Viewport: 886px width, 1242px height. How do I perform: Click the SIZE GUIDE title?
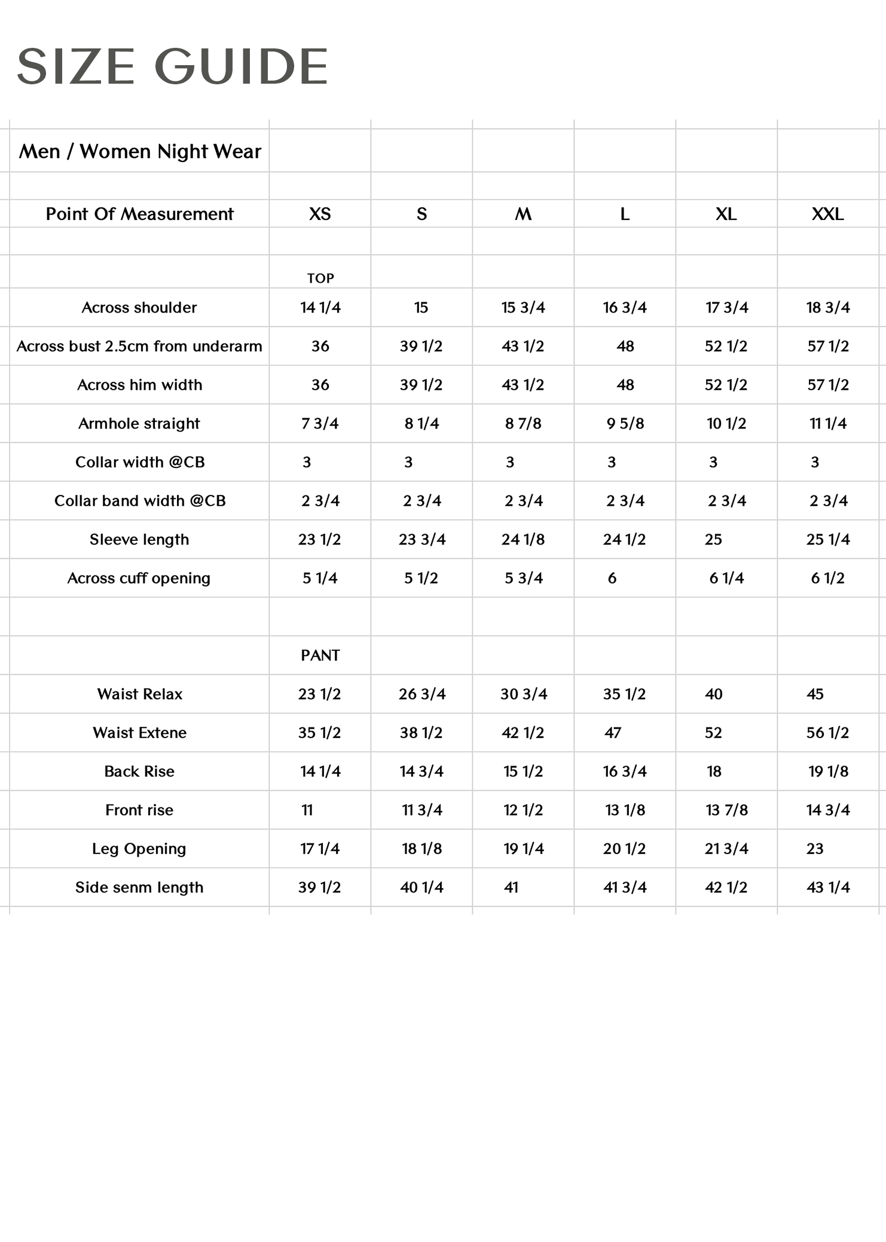coord(172,66)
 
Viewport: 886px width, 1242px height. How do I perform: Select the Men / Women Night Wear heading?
coord(140,152)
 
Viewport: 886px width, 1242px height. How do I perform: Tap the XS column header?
coord(320,214)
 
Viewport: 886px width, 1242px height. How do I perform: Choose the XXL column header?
coord(827,214)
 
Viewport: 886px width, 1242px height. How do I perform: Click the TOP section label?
coord(320,279)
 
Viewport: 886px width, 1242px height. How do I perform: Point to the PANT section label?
coord(320,656)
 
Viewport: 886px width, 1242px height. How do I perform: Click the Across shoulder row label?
coord(139,308)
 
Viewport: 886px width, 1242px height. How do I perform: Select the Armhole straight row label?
coord(139,424)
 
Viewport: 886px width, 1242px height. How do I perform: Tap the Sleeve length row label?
coord(139,540)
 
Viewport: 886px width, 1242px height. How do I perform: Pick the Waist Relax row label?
coord(139,695)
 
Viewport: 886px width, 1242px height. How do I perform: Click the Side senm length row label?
coord(139,888)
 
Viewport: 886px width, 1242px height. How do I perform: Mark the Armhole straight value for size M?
coord(523,424)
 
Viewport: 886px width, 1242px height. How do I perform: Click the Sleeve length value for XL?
coord(713,540)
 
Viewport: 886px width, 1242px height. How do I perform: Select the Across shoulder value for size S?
coord(421,308)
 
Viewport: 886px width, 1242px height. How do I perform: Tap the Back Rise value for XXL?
coord(828,772)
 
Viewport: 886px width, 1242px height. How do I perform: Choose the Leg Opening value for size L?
coord(624,849)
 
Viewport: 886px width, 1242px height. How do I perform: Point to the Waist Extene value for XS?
coord(319,733)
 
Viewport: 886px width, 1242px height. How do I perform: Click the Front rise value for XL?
coord(726,810)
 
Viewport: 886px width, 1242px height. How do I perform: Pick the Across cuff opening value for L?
coord(612,579)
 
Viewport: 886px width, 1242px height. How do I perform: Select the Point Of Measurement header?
coord(139,214)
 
